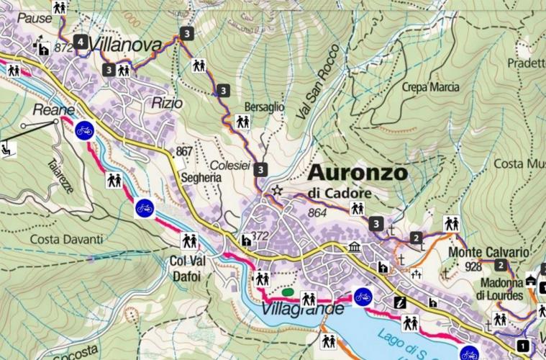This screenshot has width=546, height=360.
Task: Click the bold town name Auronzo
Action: [358, 174]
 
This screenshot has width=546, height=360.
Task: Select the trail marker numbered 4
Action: [81, 42]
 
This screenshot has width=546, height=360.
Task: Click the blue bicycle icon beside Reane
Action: [84, 130]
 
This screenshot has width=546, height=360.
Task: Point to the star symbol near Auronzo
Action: [278, 191]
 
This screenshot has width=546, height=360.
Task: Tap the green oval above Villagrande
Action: [288, 292]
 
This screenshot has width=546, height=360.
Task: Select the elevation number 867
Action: [183, 152]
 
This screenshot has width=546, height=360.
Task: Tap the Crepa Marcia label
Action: [430, 87]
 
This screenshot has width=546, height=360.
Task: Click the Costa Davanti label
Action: [67, 238]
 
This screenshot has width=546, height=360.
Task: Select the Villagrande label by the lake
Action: [302, 310]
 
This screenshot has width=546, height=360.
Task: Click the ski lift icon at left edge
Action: [8, 150]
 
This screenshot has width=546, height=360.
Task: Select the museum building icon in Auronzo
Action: [354, 248]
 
